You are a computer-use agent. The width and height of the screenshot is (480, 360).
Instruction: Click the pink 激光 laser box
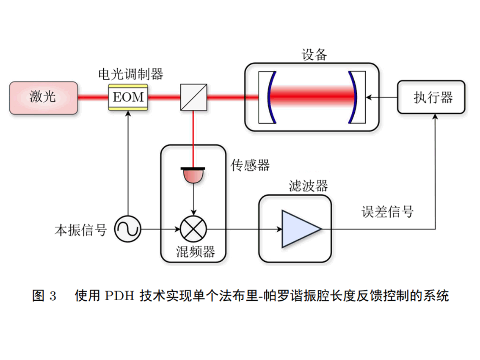point(43,97)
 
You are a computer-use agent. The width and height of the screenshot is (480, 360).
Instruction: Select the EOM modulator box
point(128,97)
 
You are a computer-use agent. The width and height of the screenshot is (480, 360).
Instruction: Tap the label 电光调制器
point(130,75)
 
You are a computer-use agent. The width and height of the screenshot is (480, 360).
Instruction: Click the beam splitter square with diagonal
point(193,97)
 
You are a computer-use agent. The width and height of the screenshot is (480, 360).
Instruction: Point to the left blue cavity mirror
point(271,97)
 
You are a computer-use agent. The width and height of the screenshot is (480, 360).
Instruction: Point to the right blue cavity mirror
point(353,97)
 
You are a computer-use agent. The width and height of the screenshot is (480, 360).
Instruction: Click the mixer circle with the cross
point(193,230)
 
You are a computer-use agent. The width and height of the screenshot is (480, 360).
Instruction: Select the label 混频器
point(195,252)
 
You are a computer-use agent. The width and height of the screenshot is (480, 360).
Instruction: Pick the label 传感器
point(250,165)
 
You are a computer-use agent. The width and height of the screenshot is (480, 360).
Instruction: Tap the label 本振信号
point(81,230)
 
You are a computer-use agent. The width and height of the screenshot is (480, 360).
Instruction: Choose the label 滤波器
point(308,186)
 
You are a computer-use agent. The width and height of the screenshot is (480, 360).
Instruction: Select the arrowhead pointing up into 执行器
point(435,117)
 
